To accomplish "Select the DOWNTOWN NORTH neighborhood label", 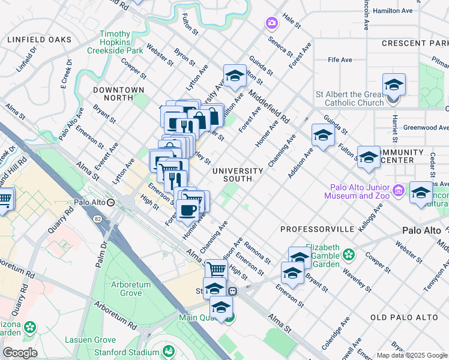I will tap(119, 94).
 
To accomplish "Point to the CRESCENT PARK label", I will tap(415, 44).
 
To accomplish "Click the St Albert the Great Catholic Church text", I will tap(350, 98).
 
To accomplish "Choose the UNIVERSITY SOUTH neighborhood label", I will tap(238, 175).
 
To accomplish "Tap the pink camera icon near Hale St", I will tap(271, 23).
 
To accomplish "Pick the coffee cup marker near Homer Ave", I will tap(187, 209).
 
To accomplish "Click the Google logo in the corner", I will tap(20, 352).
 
